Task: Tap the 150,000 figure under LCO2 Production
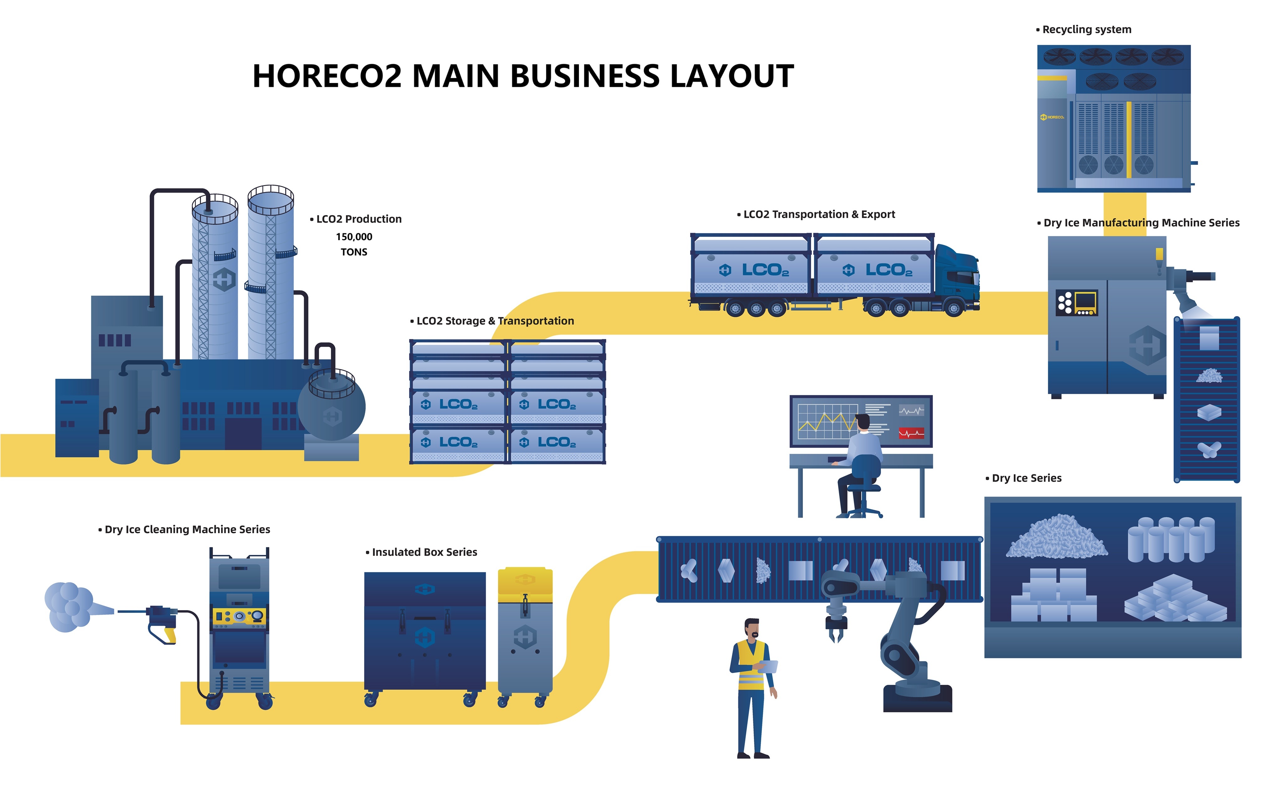(354, 237)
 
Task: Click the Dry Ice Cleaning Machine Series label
(187, 530)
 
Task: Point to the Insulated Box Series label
(424, 552)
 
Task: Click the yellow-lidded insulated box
(525, 631)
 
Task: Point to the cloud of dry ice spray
(68, 607)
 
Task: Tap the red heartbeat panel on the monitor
(911, 433)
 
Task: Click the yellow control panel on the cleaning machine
(239, 616)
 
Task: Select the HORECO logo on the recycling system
(1052, 117)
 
